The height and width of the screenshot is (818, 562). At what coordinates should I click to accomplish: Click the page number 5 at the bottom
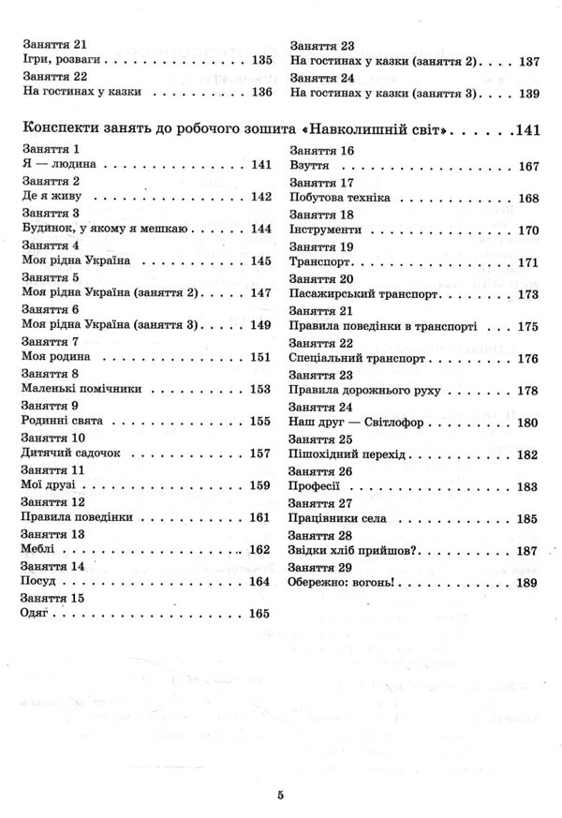(x=280, y=796)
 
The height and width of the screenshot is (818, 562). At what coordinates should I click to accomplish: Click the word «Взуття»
(x=312, y=166)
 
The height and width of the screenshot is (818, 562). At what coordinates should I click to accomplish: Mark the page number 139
(x=528, y=93)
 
